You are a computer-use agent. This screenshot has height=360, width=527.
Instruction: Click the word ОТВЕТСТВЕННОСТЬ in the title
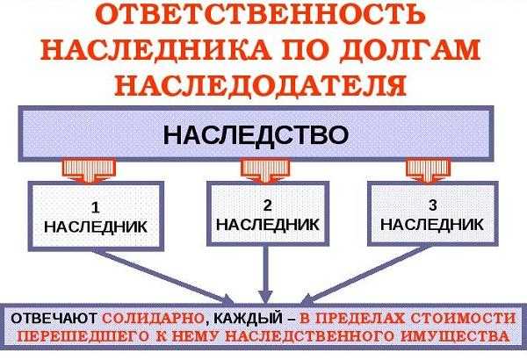tap(263, 18)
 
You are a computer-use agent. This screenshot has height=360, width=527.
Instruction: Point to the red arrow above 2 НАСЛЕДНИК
tap(256, 168)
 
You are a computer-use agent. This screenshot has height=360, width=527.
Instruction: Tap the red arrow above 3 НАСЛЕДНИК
tap(422, 168)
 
